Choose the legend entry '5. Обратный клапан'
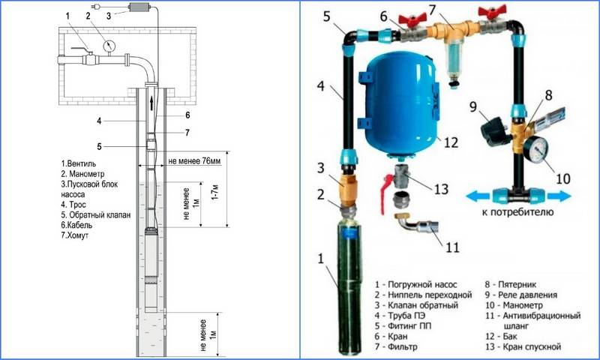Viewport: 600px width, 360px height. (x=97, y=214)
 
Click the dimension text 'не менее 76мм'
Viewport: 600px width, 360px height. (x=194, y=160)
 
